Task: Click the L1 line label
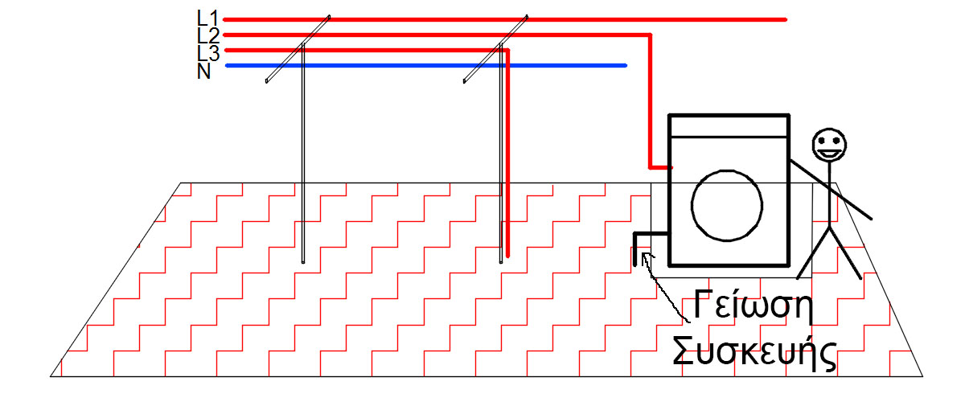click(x=207, y=17)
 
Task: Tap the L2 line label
click(x=207, y=35)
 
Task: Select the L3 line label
click(x=207, y=52)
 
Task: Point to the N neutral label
click(x=204, y=71)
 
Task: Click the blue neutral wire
click(x=426, y=66)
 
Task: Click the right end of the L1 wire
click(x=783, y=19)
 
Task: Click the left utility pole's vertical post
click(x=303, y=161)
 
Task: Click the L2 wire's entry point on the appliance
click(x=669, y=168)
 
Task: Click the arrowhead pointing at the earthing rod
click(x=647, y=256)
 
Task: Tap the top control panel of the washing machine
click(x=729, y=126)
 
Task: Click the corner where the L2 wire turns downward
click(x=650, y=35)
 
